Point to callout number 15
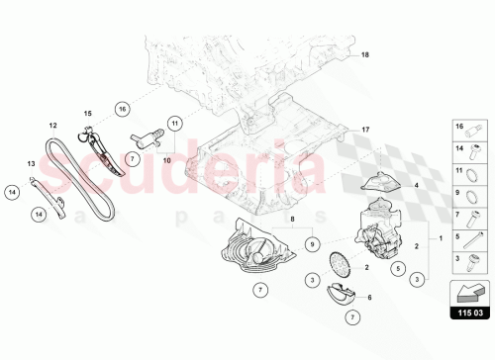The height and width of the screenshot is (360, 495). (x=85, y=115)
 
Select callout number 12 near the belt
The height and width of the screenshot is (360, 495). (x=53, y=126)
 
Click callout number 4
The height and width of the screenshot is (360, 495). (x=417, y=185)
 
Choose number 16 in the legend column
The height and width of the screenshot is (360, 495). (x=458, y=127)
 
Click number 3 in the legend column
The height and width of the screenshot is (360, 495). (x=458, y=257)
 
